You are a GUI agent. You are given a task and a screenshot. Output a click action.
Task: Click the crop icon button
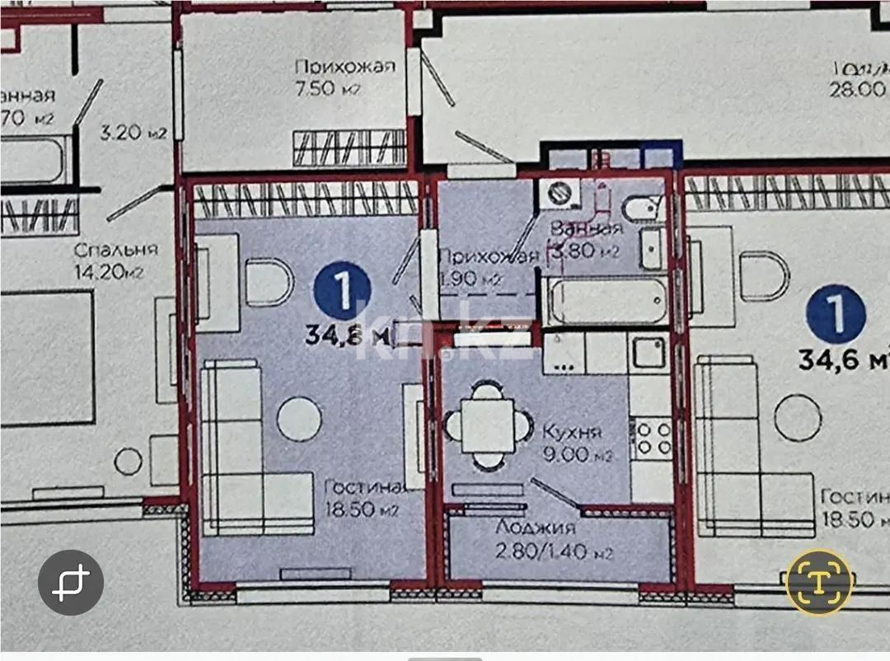pos(71,583)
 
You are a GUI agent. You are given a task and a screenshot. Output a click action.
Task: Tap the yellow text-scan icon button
pos(818,582)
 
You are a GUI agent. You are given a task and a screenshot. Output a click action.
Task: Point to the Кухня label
pos(573,431)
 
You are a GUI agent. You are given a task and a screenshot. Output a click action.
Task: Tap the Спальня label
pos(115,249)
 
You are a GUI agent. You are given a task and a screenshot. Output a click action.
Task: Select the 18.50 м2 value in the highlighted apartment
pos(362,509)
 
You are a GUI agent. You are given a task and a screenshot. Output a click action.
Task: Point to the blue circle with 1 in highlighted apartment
pos(343,290)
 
